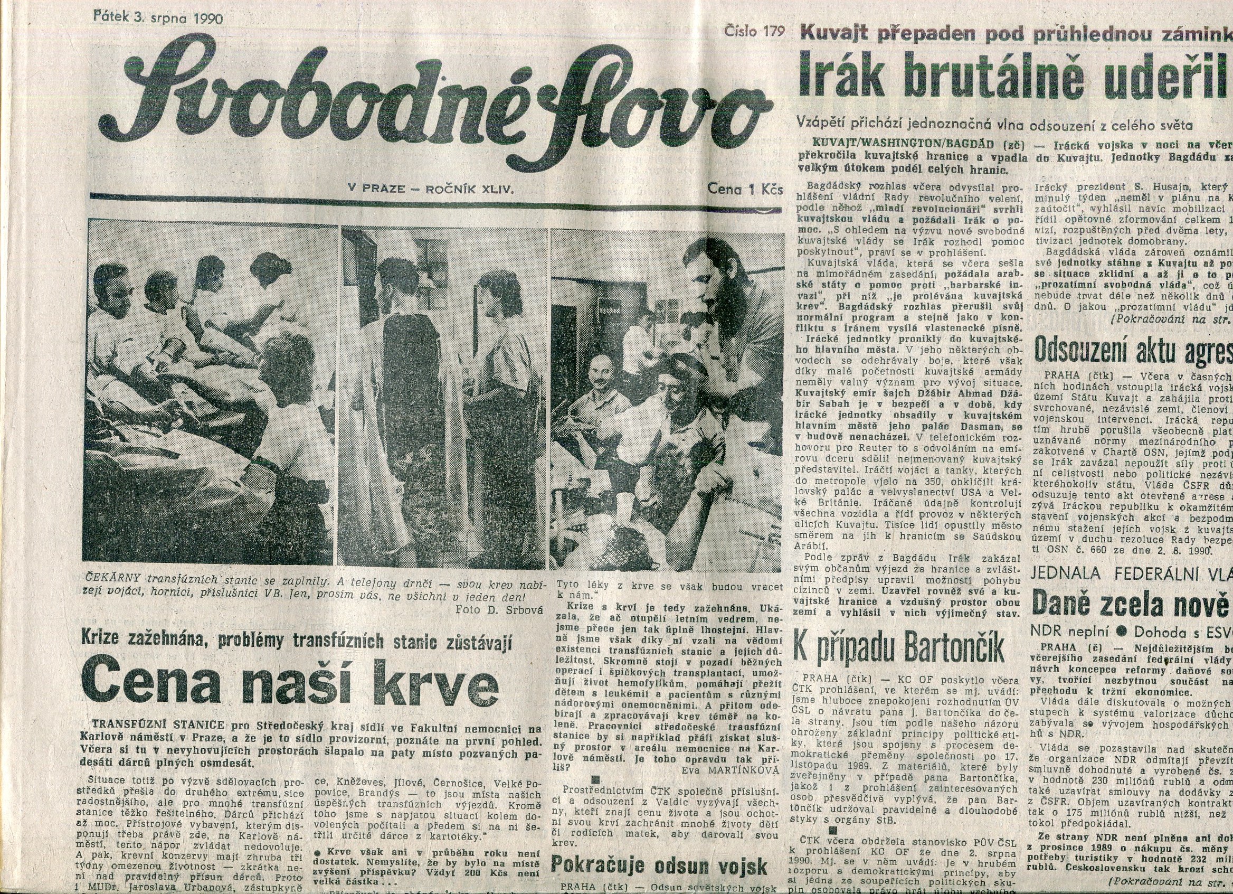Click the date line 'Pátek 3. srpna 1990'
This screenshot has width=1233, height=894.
point(159,17)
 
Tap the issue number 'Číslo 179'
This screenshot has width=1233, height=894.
point(755,32)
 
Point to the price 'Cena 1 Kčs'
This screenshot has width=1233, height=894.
point(745,189)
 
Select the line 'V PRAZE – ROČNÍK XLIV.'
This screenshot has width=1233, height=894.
point(431,189)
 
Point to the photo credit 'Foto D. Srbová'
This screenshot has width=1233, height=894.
point(500,609)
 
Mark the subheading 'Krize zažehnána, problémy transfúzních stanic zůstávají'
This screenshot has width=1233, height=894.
point(297,642)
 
